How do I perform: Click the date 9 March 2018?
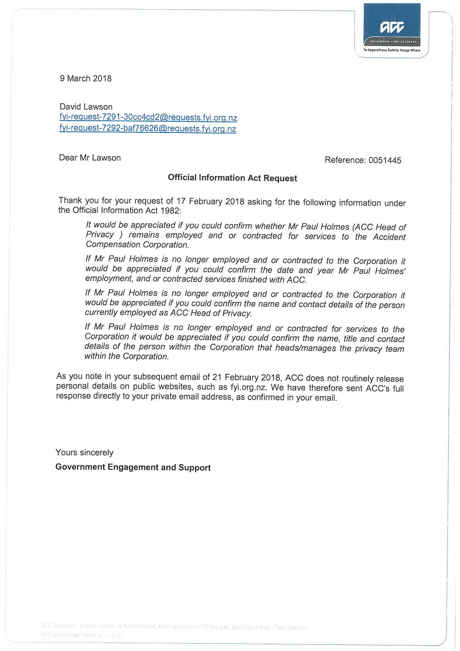86,79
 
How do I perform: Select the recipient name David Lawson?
86,107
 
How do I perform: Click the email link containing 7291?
148,118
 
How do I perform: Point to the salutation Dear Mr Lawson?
90,158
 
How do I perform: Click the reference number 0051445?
385,160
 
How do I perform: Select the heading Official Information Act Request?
232,178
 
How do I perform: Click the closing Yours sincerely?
85,452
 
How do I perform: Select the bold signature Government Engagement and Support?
133,467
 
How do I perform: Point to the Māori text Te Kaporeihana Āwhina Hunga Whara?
392,50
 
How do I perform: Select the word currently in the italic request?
101,312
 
